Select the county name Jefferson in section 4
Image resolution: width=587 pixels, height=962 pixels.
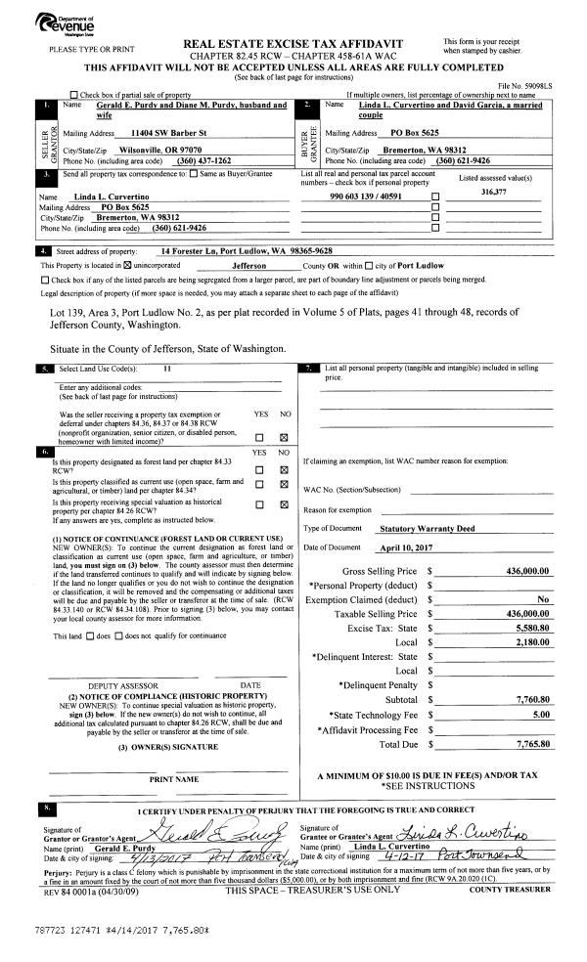pyautogui.click(x=252, y=265)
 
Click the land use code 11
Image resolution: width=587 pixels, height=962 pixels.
pyautogui.click(x=167, y=369)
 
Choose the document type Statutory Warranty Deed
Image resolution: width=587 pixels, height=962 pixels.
pyautogui.click(x=427, y=527)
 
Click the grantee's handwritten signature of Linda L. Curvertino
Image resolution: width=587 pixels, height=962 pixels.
pyautogui.click(x=472, y=833)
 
